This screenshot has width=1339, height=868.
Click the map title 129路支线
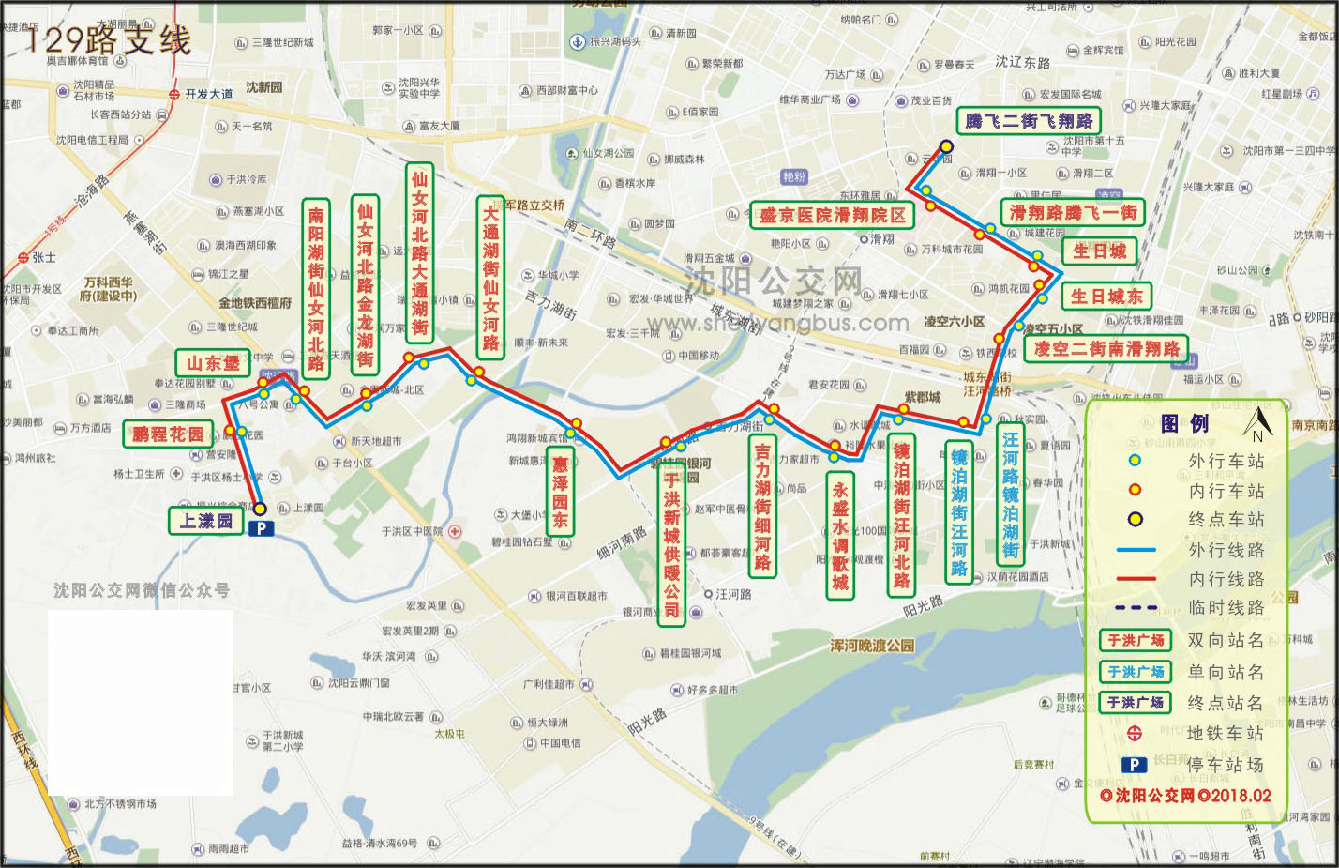click(x=108, y=39)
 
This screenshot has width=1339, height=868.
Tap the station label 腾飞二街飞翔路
click(x=1029, y=121)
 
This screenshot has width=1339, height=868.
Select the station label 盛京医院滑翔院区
click(x=833, y=216)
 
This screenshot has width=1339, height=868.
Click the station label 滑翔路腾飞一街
click(x=1073, y=213)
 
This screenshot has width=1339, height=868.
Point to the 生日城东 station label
click(x=1106, y=297)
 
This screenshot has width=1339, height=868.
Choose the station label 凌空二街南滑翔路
click(x=1106, y=349)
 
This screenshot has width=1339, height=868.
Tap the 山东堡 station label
click(x=213, y=363)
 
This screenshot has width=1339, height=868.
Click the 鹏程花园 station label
click(x=168, y=434)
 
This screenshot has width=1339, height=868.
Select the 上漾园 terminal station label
click(x=206, y=520)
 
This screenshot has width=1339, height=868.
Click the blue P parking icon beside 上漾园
click(x=262, y=528)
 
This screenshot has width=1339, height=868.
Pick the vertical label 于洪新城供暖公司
click(x=671, y=544)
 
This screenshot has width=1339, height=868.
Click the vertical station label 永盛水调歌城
click(x=840, y=536)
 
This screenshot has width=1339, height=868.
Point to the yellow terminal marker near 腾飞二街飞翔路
click(x=947, y=146)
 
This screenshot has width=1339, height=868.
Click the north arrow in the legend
click(x=1257, y=424)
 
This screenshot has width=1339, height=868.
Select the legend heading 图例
click(x=1185, y=424)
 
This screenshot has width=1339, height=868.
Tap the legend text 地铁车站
click(x=1225, y=734)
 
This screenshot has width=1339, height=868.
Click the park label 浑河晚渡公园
click(x=872, y=646)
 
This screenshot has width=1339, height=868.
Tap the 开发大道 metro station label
click(x=208, y=95)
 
